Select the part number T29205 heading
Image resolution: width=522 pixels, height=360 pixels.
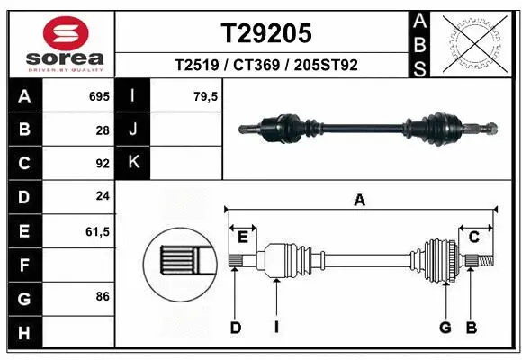(x=266, y=33)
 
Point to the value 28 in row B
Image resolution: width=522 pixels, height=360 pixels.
(x=102, y=130)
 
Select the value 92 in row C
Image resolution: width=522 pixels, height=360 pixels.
(x=102, y=163)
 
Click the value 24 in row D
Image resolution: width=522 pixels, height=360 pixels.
(x=102, y=196)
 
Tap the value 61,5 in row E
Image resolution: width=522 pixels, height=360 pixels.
(x=97, y=231)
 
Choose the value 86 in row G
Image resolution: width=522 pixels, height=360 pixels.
(x=102, y=297)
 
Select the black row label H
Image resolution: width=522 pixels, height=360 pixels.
(x=23, y=334)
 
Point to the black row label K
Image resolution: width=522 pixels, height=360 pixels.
(x=134, y=163)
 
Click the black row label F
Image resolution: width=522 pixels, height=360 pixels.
(x=23, y=265)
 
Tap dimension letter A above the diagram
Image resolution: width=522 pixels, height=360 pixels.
(x=360, y=201)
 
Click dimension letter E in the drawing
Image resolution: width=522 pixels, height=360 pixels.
(x=243, y=237)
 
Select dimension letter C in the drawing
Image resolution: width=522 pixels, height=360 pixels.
(x=473, y=237)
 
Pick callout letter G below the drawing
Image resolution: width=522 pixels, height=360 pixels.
(x=445, y=327)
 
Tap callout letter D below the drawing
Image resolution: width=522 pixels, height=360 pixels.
(x=236, y=327)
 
